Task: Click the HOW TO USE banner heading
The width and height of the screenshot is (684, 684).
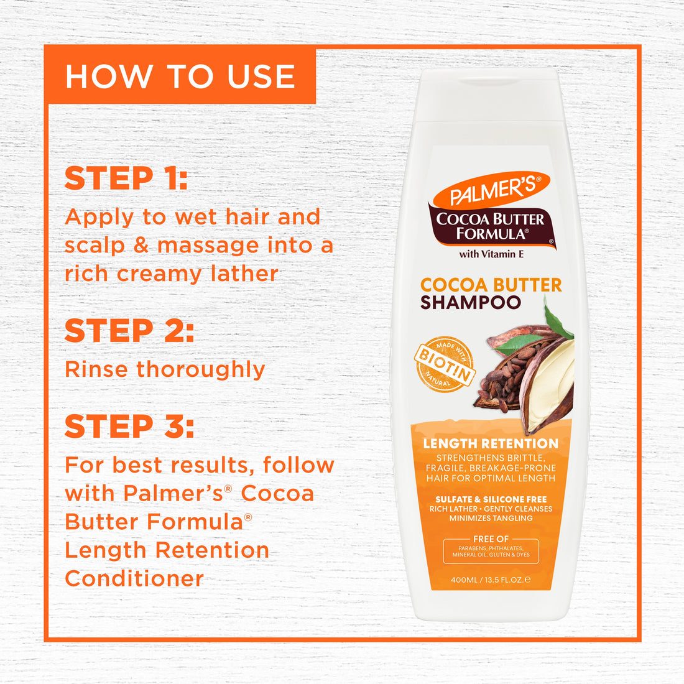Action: click(180, 76)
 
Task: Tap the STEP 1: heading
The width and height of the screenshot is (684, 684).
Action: click(126, 178)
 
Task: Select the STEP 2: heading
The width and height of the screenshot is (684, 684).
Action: click(129, 331)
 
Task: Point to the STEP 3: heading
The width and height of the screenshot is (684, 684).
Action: click(129, 427)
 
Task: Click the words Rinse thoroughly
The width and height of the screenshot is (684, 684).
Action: click(165, 369)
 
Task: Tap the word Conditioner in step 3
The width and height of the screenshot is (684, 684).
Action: click(134, 578)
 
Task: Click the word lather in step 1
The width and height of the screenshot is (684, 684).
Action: click(244, 274)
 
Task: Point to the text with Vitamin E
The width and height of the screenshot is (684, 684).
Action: click(491, 254)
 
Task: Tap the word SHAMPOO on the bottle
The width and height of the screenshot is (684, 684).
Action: click(471, 303)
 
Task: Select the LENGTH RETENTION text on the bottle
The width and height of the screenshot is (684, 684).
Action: click(491, 443)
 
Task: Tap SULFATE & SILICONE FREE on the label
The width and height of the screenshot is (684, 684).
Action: click(491, 499)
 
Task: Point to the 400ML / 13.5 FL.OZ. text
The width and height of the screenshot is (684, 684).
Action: click(491, 580)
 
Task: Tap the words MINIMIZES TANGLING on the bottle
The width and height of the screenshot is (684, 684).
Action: click(491, 518)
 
